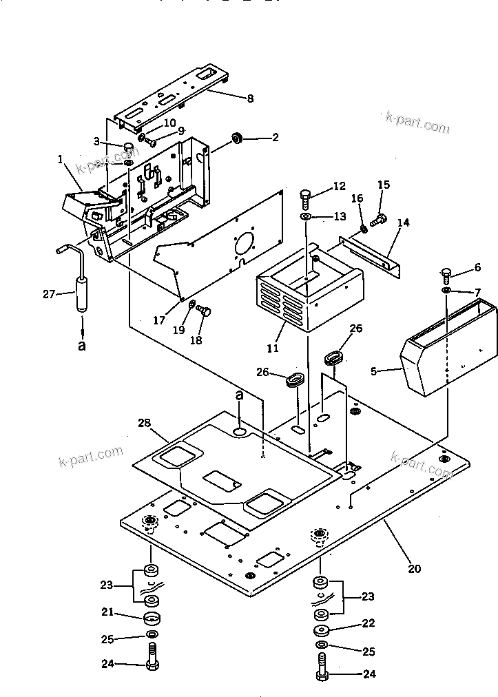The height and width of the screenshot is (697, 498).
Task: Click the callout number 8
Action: [x=250, y=98]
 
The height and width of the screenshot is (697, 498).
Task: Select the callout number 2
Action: [x=275, y=138]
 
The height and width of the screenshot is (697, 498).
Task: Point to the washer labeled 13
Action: [x=306, y=217]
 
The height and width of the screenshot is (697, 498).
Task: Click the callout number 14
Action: [x=403, y=222]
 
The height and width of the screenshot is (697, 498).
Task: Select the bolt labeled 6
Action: [x=446, y=275]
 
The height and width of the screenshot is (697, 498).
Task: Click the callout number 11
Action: [x=273, y=348]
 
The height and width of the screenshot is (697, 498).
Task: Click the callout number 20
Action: [x=413, y=569]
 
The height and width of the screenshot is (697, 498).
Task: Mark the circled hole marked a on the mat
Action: [x=240, y=431]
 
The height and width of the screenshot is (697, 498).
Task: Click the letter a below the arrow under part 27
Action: [x=82, y=346]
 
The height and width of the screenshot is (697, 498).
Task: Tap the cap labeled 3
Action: [x=129, y=146]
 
